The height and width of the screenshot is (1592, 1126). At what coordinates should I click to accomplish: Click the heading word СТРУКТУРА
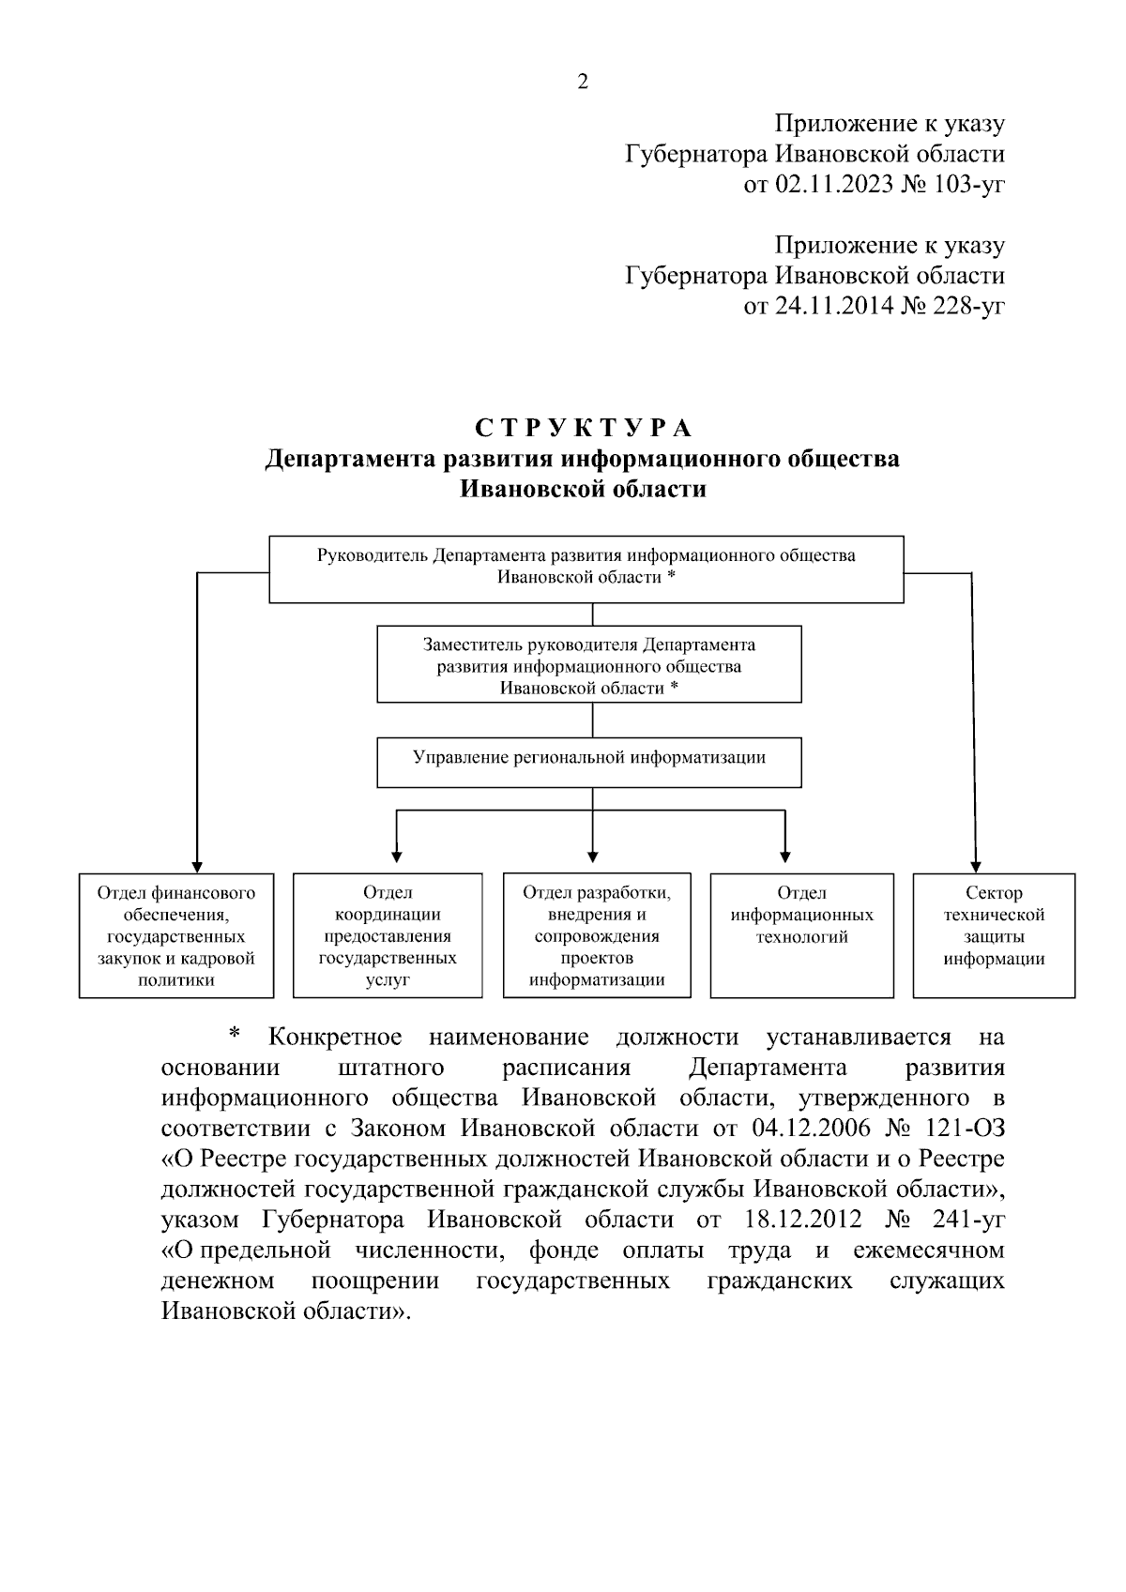pyautogui.click(x=583, y=429)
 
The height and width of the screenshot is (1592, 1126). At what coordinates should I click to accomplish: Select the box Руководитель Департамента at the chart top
pyautogui.click(x=586, y=568)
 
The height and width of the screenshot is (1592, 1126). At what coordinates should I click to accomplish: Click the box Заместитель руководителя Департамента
pyautogui.click(x=589, y=665)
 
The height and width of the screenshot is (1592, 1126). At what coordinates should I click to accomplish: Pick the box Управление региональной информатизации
pyautogui.click(x=589, y=763)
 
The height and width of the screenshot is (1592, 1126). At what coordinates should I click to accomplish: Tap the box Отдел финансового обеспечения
pyautogui.click(x=176, y=935)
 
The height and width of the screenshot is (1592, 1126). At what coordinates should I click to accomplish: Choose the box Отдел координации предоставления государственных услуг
pyautogui.click(x=388, y=935)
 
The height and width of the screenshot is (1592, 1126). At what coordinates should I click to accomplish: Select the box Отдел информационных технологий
pyautogui.click(x=801, y=935)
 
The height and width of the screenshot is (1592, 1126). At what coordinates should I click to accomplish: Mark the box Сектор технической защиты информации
pyautogui.click(x=994, y=935)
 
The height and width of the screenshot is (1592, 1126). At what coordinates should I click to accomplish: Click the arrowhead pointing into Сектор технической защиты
pyautogui.click(x=976, y=865)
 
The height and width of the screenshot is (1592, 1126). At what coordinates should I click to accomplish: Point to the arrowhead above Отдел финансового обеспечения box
pyautogui.click(x=197, y=865)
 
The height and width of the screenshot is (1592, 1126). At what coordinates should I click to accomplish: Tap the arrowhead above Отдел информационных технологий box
pyautogui.click(x=785, y=855)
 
